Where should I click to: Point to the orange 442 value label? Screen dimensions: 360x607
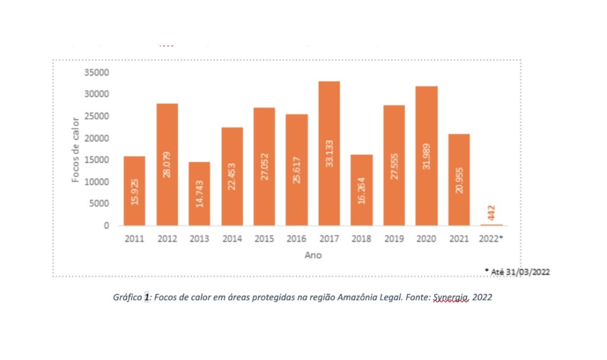[x=492, y=211]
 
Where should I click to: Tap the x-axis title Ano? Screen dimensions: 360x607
[x=314, y=255]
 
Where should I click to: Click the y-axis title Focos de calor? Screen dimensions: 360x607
[x=75, y=149]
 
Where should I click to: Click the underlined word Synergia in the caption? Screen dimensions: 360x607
[x=451, y=298]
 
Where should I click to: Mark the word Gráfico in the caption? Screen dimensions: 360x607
[x=127, y=298]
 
